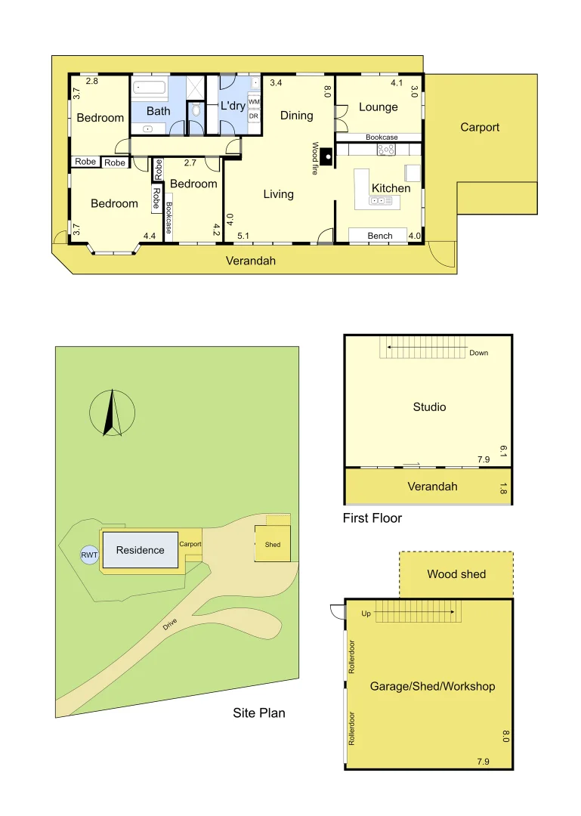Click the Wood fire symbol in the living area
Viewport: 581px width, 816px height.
pyautogui.click(x=326, y=157)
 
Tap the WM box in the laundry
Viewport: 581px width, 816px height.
pyautogui.click(x=254, y=102)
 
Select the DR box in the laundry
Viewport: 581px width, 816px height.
pyautogui.click(x=254, y=116)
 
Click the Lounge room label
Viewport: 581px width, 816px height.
pyautogui.click(x=379, y=107)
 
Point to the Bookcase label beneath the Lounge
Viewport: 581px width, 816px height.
pyautogui.click(x=382, y=138)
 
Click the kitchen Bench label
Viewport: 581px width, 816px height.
pyautogui.click(x=379, y=236)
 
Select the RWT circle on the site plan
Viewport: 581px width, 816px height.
pyautogui.click(x=89, y=555)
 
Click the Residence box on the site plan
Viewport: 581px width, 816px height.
pyautogui.click(x=141, y=550)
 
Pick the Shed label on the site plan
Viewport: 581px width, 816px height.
pyautogui.click(x=272, y=545)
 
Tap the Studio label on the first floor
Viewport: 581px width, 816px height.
pyautogui.click(x=429, y=407)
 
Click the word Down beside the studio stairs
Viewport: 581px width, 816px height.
pyautogui.click(x=478, y=353)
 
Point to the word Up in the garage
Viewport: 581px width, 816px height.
pyautogui.click(x=366, y=614)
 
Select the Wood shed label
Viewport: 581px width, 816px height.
pyautogui.click(x=456, y=574)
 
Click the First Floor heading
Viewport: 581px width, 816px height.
pyautogui.click(x=372, y=518)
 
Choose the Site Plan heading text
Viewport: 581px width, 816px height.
pyautogui.click(x=259, y=712)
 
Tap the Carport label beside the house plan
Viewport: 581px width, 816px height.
pyautogui.click(x=480, y=128)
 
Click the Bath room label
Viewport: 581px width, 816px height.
pyautogui.click(x=158, y=111)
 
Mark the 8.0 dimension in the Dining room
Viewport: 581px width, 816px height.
pyautogui.click(x=327, y=91)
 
